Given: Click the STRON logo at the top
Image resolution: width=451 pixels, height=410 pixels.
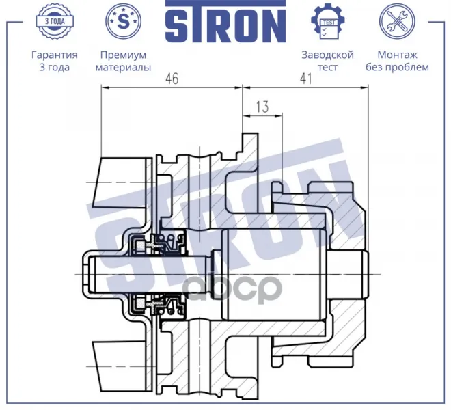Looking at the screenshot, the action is pos(225,22).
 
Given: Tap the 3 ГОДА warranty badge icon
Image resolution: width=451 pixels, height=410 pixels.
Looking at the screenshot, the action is pos(55,21).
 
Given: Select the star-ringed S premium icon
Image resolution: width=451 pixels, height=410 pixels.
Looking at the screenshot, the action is pos(124,21).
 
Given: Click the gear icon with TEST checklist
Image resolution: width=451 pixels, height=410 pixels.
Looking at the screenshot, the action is pos(327,21).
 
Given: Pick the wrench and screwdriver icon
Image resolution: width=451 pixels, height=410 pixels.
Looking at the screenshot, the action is pos(397,21).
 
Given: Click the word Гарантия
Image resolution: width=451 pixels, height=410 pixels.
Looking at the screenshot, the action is pos(55,55).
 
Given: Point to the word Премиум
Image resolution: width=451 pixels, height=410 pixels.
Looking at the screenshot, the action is pos(124,55).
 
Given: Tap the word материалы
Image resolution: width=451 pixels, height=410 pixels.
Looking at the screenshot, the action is pos(124,68).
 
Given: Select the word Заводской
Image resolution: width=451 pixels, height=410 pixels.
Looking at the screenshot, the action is pos(327,55).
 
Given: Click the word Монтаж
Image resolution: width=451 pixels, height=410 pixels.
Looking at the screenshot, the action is pos(397,55).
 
